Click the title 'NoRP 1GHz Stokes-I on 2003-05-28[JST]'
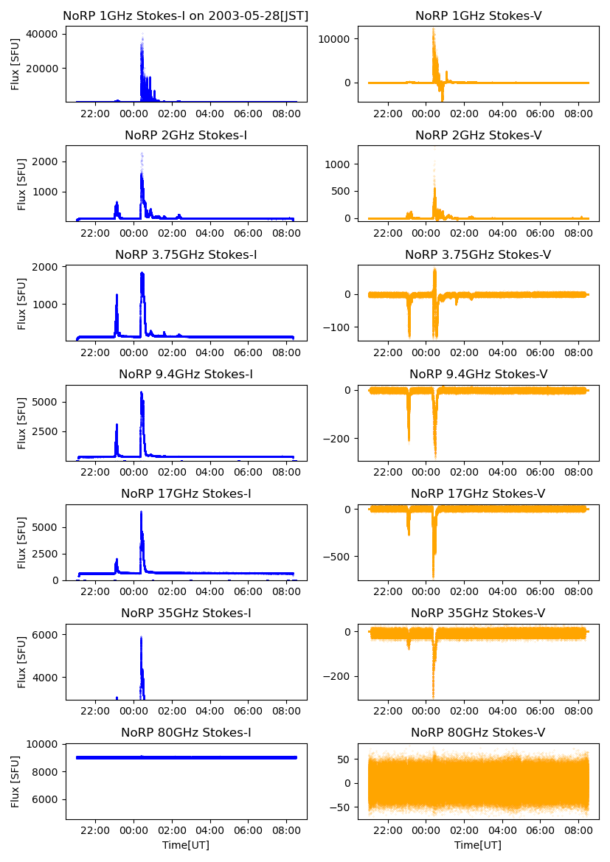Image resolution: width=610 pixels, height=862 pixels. [186, 15]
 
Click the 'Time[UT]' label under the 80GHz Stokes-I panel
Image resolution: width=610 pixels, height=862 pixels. [186, 845]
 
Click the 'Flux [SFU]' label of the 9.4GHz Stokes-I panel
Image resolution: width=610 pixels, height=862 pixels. [22, 423]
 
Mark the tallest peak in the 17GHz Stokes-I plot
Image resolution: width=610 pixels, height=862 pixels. [141, 512]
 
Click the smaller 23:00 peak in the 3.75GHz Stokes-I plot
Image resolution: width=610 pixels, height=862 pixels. [117, 296]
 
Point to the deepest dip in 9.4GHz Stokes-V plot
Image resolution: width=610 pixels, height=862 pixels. [435, 456]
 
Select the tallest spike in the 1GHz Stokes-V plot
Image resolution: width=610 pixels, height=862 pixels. [433, 29]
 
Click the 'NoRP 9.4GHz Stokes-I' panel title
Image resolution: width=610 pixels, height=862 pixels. [186, 374]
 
